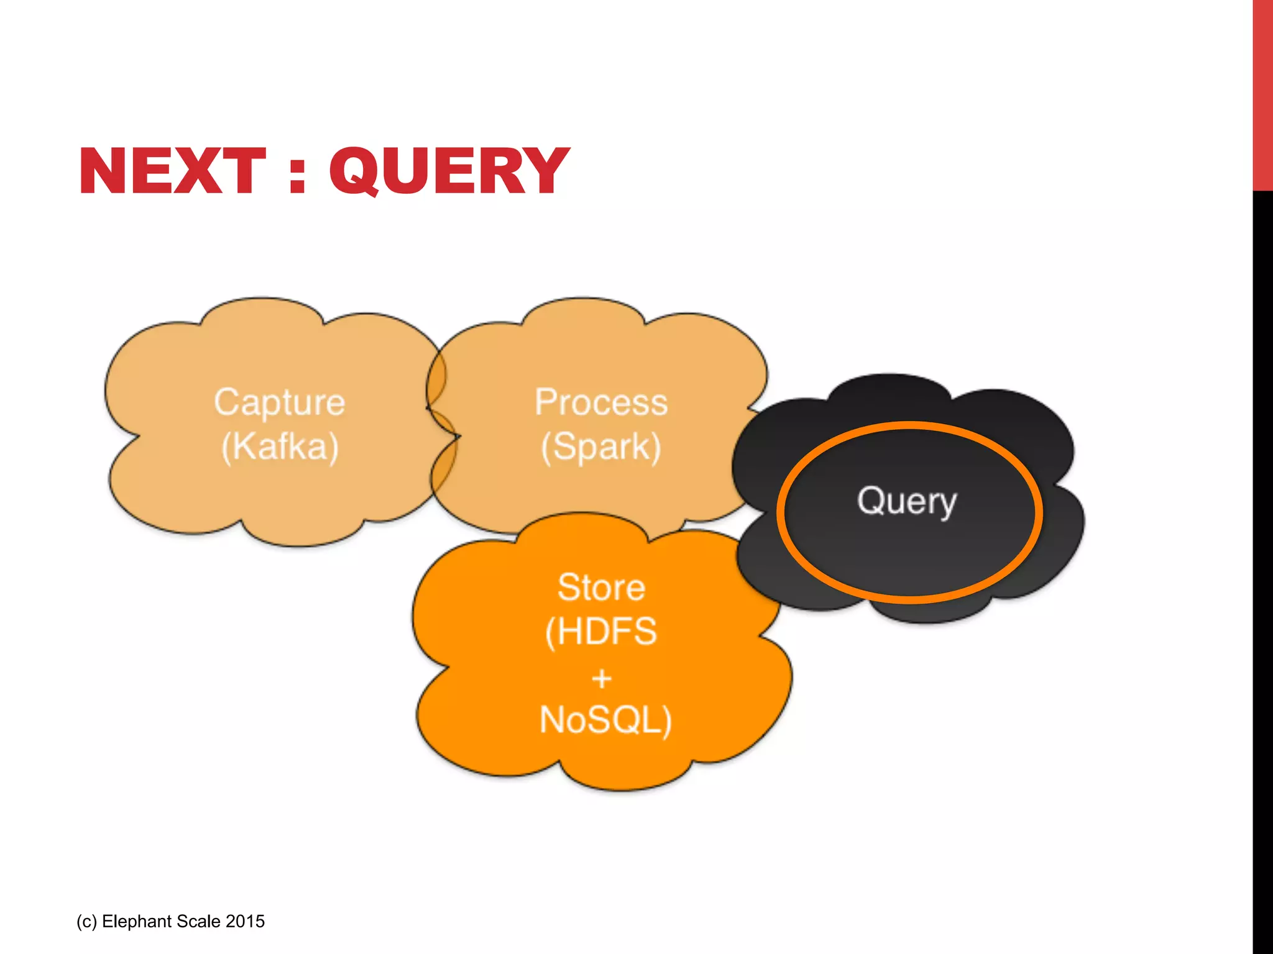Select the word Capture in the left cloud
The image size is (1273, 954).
(279, 402)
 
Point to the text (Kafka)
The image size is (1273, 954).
(280, 447)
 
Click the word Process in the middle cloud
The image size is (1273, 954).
(601, 402)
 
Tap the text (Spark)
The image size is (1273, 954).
(600, 447)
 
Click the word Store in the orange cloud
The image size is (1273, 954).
(601, 588)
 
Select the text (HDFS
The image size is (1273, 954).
(600, 632)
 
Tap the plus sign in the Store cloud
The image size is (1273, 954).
(601, 678)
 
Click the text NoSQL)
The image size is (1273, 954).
(605, 720)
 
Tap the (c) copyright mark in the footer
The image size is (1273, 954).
(86, 921)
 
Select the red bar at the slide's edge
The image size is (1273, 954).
(1262, 93)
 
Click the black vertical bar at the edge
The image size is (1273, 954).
(1262, 559)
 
